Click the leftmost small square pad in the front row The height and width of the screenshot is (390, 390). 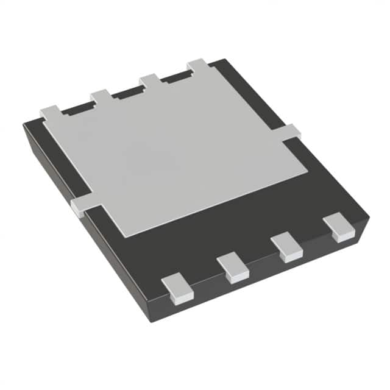point(178,288)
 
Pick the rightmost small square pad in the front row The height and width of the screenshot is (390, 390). point(338,227)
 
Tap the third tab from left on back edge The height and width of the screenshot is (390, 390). point(150,79)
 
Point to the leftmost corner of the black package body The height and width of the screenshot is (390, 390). point(24,125)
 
